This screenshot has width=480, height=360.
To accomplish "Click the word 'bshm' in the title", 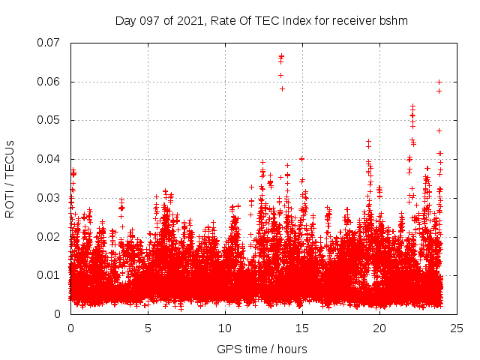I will pos(393,21).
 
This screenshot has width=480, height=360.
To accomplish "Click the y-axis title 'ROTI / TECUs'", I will pos(10,178).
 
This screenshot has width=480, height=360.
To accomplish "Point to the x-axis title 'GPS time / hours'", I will pos(262,349).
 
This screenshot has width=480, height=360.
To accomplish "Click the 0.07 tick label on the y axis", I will pos(49,43).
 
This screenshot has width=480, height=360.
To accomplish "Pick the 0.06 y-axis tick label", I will pos(49,82).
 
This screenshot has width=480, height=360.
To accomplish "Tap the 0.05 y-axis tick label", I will pos(49,120).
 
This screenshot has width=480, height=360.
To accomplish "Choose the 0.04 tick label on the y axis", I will pos(49,159).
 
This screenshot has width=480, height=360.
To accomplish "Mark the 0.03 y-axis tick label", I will pos(49,198).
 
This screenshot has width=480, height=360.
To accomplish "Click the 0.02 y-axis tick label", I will pos(49,236).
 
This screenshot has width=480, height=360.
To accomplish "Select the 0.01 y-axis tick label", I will pos(49,275).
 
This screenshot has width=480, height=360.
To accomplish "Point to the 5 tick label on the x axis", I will pos(148,328).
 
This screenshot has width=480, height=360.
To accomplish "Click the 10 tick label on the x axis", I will pos(225,328).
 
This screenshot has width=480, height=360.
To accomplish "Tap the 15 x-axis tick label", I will pos(302,328).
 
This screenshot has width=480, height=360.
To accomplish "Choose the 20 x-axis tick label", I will pos(379,328).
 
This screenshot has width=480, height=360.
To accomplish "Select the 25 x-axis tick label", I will pos(457,328).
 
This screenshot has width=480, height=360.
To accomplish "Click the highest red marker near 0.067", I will pos(281,55).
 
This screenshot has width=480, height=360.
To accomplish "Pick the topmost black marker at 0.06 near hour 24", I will pos(439,82).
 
